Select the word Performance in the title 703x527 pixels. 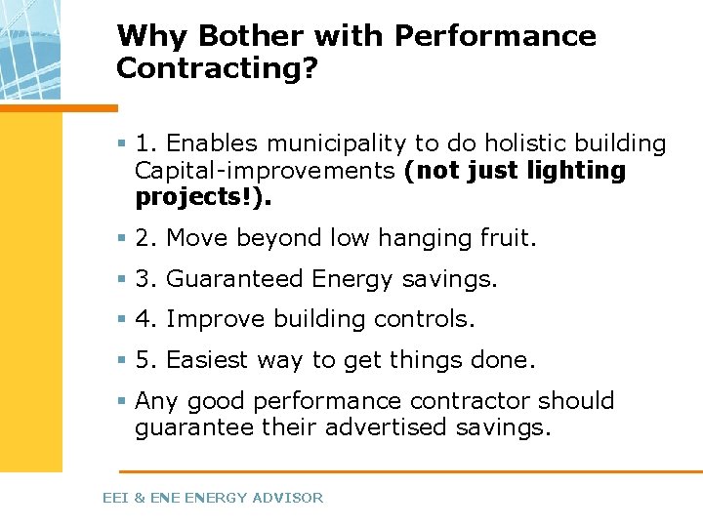[495, 36]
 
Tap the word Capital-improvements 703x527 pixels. [265, 171]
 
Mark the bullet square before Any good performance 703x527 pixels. [122, 401]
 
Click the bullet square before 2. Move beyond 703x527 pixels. [122, 238]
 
